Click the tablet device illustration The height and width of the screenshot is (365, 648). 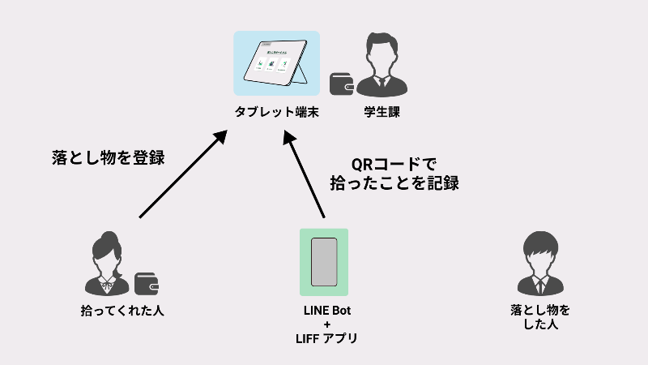(277, 63)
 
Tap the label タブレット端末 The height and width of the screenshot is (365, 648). (276, 113)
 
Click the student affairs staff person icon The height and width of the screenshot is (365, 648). (382, 64)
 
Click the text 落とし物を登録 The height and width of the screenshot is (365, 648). (107, 157)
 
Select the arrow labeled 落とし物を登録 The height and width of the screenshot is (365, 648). (181, 175)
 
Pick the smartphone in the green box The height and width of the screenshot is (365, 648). (324, 262)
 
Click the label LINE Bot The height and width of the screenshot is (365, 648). (326, 311)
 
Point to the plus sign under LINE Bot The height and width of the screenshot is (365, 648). (326, 324)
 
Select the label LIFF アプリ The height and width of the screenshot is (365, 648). (326, 338)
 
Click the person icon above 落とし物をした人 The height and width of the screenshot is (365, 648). (540, 261)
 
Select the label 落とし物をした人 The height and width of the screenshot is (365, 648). (540, 317)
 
